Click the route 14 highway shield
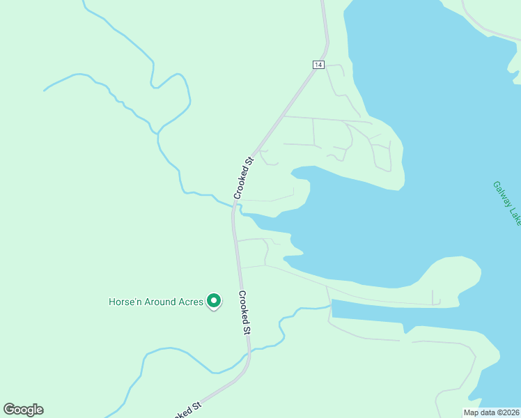(318, 65)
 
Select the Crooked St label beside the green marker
(243, 313)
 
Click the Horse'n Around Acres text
(156, 302)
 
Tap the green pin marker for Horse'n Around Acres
(215, 301)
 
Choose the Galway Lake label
(507, 203)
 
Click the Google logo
(23, 410)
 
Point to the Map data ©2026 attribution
(490, 412)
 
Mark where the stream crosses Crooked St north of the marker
(235, 206)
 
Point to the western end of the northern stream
(45, 91)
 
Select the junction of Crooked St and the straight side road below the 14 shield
(283, 116)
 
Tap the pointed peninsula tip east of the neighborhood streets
(400, 186)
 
